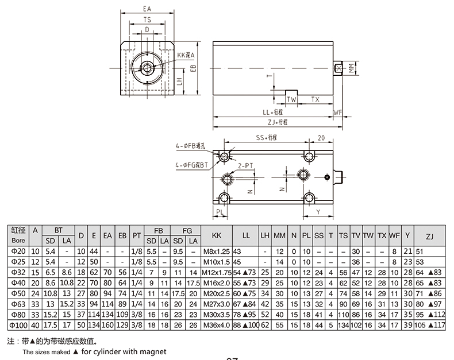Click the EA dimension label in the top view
click(147, 9)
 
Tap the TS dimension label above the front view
click(147, 20)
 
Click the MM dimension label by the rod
click(352, 68)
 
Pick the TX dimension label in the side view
click(315, 99)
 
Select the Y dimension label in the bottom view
click(318, 211)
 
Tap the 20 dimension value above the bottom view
click(321, 138)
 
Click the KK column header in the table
click(216, 235)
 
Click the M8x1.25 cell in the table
click(216, 251)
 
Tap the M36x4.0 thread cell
click(216, 326)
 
